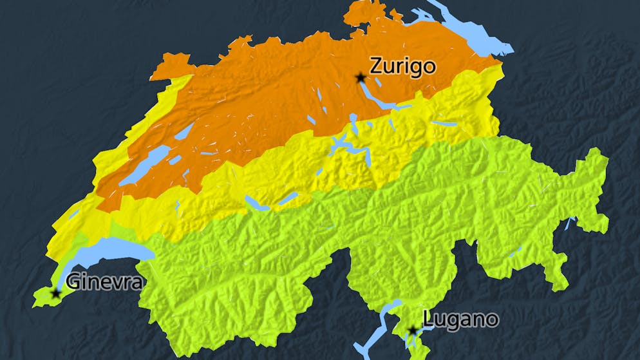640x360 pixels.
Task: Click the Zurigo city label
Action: pyautogui.click(x=402, y=66)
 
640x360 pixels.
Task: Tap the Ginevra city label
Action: pyautogui.click(x=104, y=282)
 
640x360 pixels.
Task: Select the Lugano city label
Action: pyautogui.click(x=460, y=319)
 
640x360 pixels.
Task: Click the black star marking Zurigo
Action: pyautogui.click(x=360, y=78)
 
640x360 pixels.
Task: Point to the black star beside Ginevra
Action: pyautogui.click(x=55, y=294)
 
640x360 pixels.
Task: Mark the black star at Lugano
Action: pyautogui.click(x=412, y=330)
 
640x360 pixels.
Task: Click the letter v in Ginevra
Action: pyautogui.click(x=114, y=283)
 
